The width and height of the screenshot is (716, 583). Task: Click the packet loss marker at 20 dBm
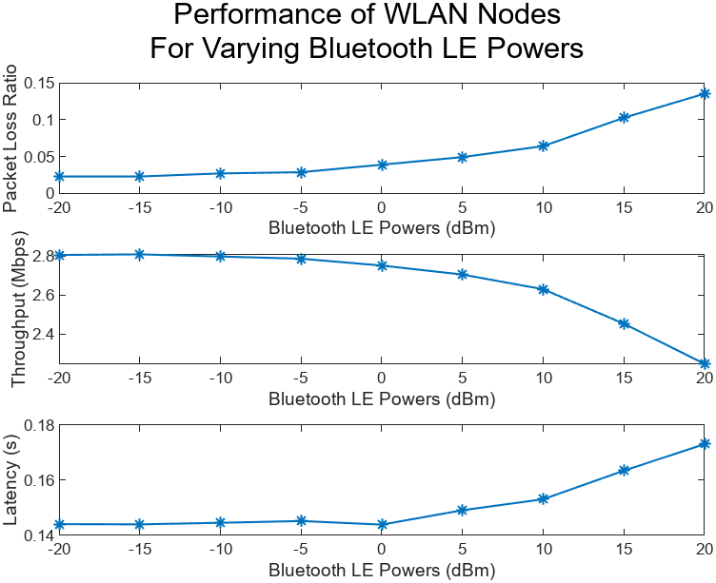point(705,93)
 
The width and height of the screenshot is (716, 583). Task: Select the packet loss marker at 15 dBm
point(624,118)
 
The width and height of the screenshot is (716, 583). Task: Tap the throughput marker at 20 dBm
point(705,363)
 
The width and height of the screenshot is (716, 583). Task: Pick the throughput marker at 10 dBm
point(544,289)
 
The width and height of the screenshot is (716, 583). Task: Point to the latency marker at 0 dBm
point(382,524)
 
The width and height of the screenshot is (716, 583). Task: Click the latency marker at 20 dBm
point(705,443)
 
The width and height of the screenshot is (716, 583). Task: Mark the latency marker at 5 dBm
point(463,510)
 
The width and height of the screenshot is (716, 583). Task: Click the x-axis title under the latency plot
point(382,571)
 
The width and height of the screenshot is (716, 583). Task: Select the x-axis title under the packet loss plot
point(382,228)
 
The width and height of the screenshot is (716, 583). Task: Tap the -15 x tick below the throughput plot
point(139,378)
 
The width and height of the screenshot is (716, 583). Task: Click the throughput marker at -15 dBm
point(139,254)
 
